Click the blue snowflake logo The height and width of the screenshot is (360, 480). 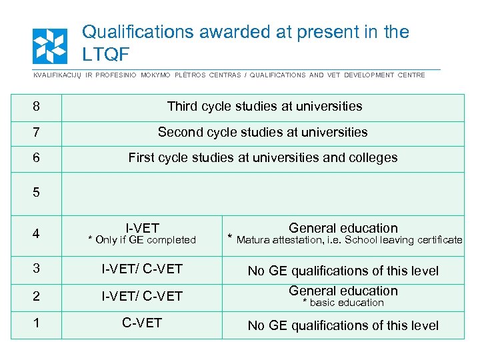coord(50,46)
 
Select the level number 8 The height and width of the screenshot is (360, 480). coord(36,107)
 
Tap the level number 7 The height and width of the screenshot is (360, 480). coord(36,133)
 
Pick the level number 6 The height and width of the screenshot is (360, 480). coord(36,158)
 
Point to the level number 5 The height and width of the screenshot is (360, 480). coord(36,193)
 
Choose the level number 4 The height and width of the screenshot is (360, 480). coord(36,234)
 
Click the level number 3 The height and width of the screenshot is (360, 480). coord(36,270)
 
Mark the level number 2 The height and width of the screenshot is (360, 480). coord(36,296)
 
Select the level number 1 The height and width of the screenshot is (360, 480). coord(36,323)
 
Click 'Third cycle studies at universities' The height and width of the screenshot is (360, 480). coord(265,107)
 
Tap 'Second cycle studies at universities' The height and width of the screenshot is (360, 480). coord(263,133)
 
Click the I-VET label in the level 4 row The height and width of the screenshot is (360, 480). coord(142,228)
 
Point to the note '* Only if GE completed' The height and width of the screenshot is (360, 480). coord(142,240)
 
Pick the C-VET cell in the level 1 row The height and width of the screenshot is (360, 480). coord(142,323)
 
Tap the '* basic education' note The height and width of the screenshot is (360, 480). coord(343,303)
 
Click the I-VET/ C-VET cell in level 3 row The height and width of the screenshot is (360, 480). coord(142,270)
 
